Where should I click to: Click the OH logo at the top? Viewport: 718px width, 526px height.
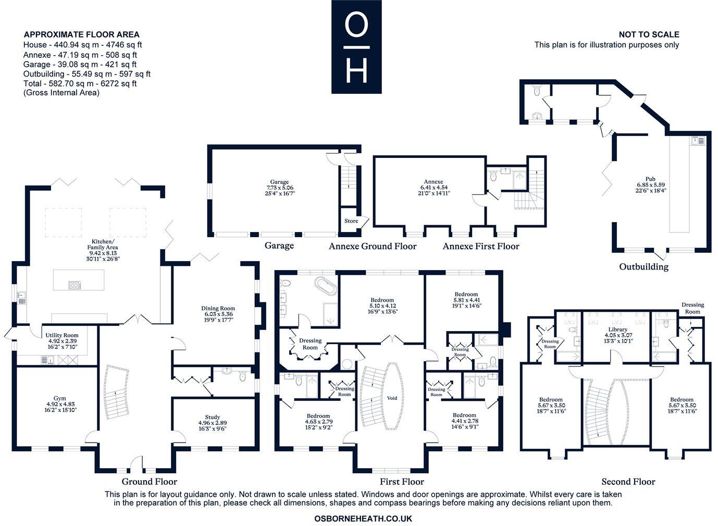(x=356, y=47)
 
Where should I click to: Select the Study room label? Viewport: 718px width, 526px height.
(x=213, y=417)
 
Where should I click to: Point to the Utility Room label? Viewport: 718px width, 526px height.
(x=62, y=336)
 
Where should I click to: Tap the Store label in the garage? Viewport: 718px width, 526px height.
(x=351, y=221)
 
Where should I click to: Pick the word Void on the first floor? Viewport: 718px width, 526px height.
(x=392, y=398)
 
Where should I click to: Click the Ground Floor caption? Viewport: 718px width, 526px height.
(x=149, y=482)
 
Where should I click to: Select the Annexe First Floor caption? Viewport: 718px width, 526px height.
(x=480, y=246)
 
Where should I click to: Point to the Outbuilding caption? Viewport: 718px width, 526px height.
(x=643, y=267)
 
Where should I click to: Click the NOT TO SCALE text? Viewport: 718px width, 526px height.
(x=649, y=34)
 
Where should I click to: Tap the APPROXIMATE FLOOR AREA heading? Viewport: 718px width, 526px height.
(x=82, y=34)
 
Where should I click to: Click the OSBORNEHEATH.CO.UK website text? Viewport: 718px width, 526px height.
(x=363, y=519)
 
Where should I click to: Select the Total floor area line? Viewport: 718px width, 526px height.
(x=80, y=83)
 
